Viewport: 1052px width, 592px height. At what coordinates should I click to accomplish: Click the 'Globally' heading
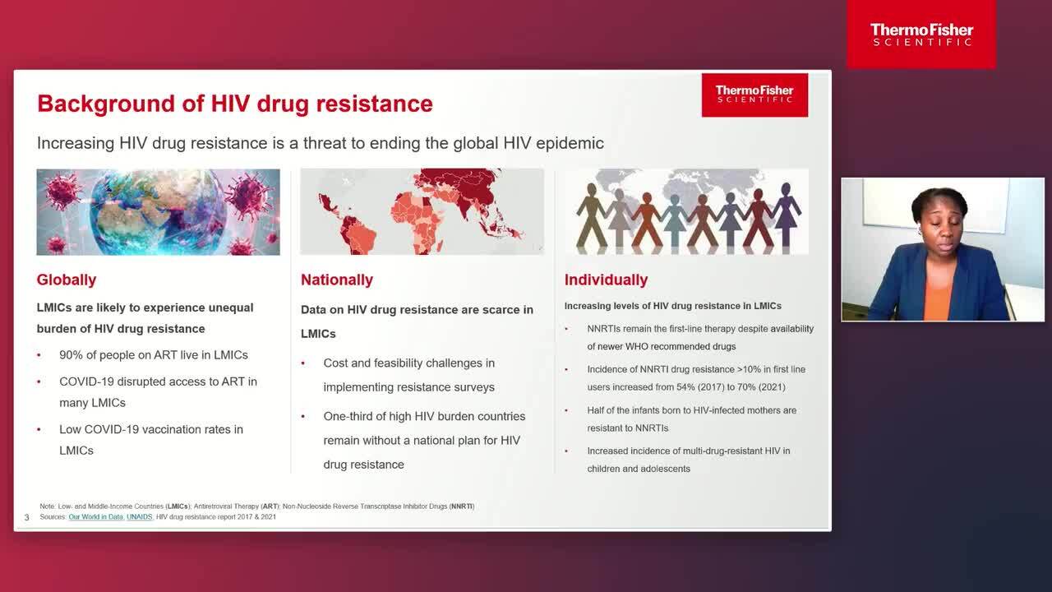click(67, 280)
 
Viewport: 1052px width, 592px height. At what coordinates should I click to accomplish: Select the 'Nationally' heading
click(337, 280)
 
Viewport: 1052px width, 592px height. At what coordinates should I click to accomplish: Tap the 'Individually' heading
click(606, 280)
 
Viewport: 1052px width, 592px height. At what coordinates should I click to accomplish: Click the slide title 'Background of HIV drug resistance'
click(235, 104)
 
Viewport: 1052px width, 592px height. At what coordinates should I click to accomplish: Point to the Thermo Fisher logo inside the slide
click(754, 95)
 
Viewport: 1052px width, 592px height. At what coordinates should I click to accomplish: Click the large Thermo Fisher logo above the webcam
click(921, 35)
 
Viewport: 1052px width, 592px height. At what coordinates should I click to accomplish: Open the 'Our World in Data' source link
click(96, 517)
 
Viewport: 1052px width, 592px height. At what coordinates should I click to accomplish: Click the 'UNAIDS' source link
click(140, 517)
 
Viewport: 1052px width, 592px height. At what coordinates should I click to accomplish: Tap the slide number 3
click(27, 517)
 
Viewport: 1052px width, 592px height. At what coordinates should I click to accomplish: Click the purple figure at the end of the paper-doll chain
click(786, 214)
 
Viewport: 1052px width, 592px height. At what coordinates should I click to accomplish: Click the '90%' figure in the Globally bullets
click(71, 355)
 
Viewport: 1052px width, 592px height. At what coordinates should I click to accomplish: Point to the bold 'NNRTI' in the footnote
click(462, 506)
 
